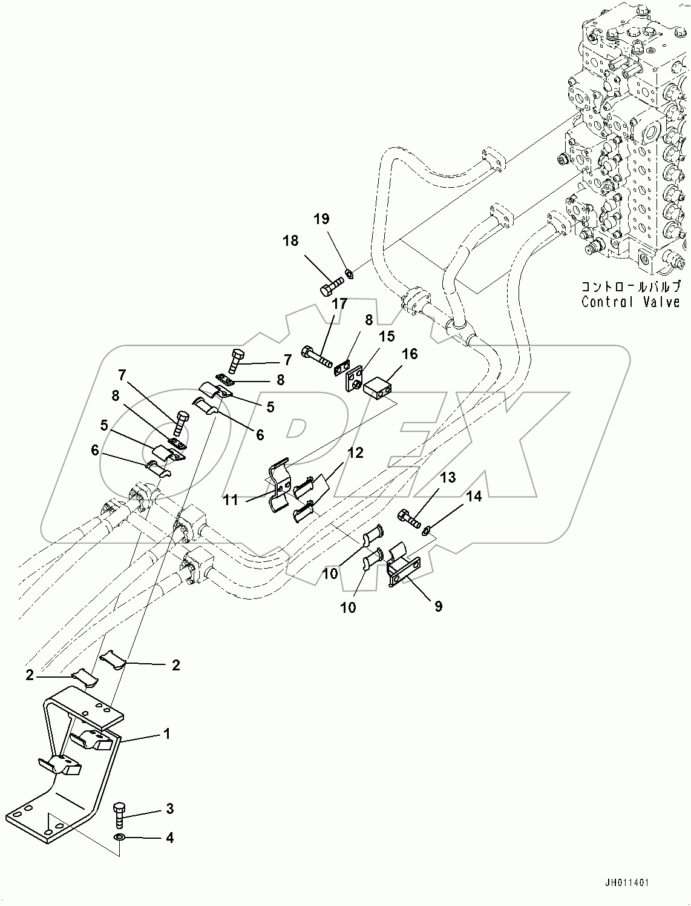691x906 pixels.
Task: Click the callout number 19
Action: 321,219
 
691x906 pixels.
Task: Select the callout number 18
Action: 290,240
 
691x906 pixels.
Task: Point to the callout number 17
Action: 339,303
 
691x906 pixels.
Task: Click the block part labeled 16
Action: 379,385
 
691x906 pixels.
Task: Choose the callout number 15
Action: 386,336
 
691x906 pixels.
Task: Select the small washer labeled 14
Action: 426,531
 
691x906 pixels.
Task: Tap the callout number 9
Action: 438,606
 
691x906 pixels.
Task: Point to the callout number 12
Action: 355,453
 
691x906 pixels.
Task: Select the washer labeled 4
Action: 120,838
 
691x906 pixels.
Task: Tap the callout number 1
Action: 166,734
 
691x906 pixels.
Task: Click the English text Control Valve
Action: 630,302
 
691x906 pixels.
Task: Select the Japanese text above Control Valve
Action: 630,286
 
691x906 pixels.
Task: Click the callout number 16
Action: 410,354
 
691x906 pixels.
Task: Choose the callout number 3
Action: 169,808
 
